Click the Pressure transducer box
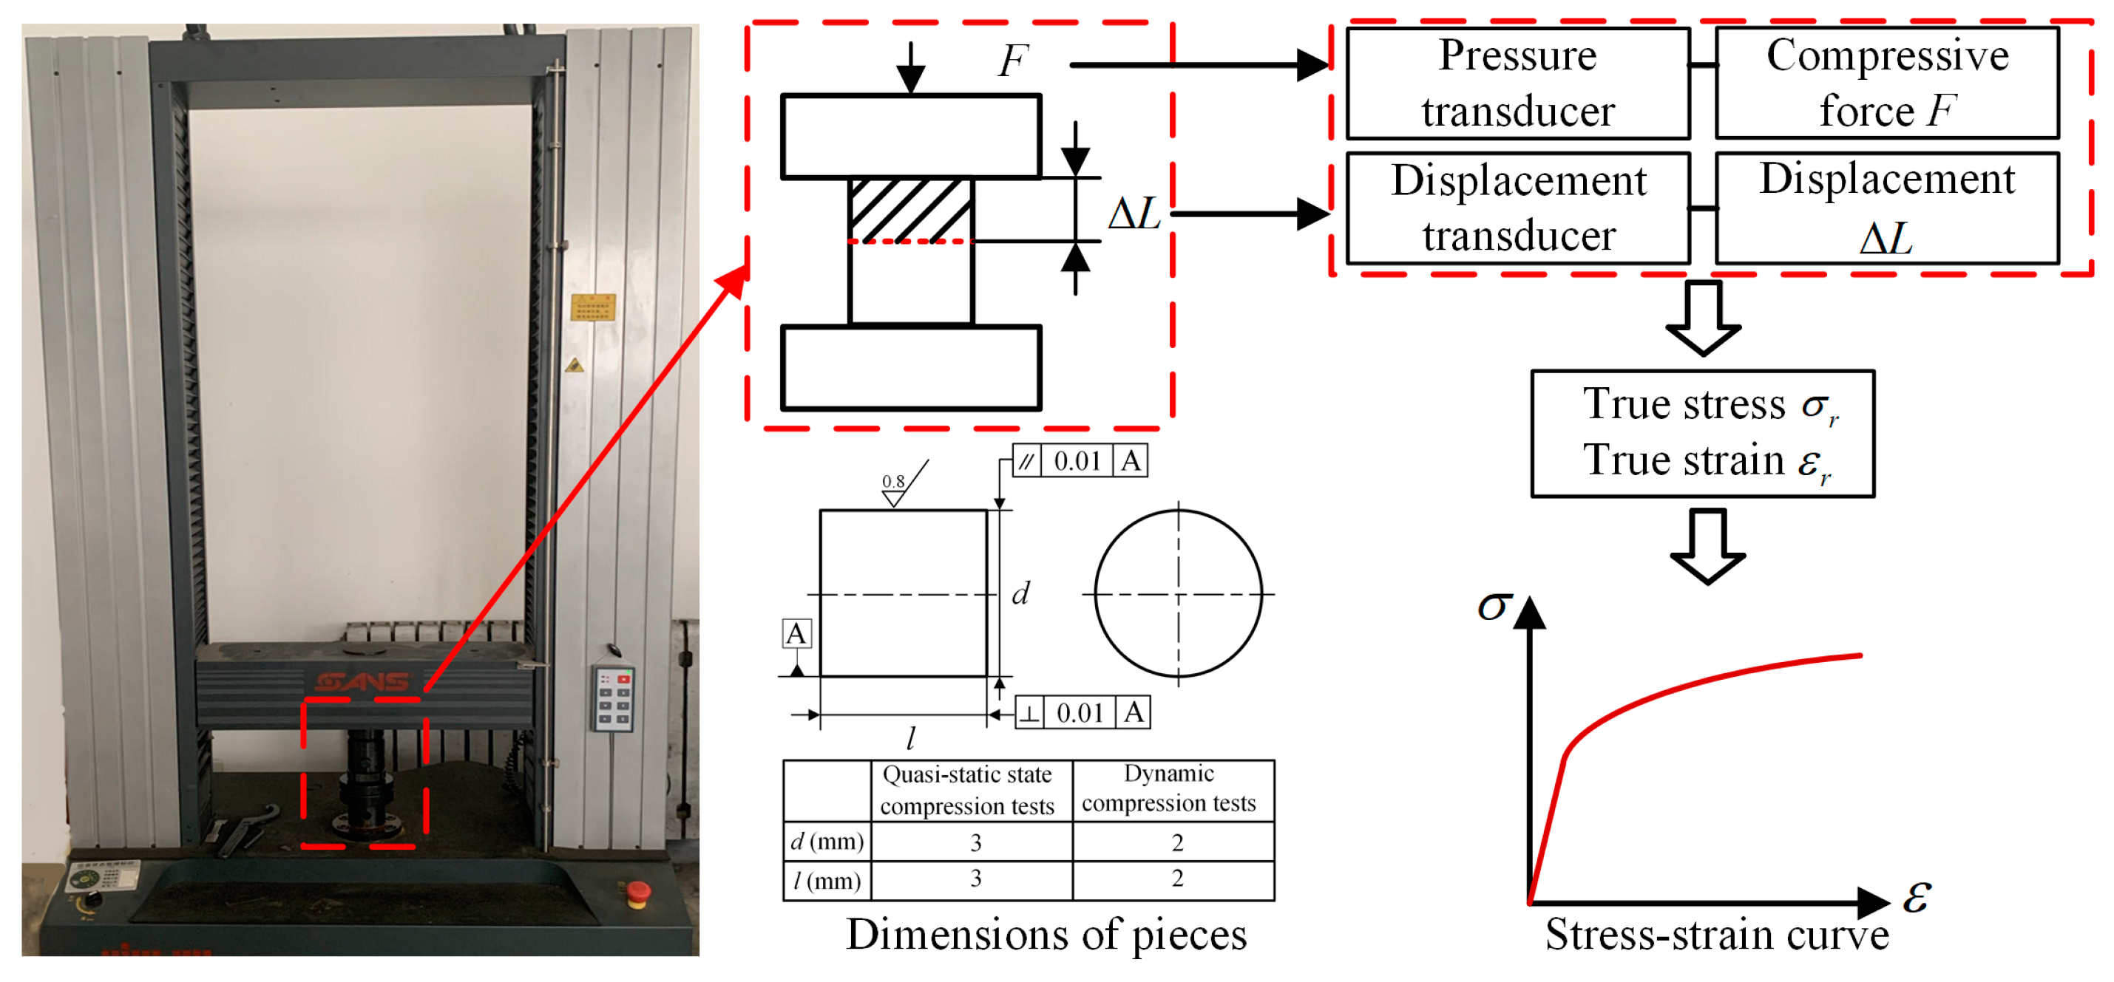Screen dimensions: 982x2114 [x=1517, y=83]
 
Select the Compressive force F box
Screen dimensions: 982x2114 [x=1887, y=83]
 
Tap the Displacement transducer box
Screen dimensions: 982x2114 [x=1517, y=208]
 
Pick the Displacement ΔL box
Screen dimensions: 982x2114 [x=1887, y=208]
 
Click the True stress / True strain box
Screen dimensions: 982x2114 [x=1702, y=433]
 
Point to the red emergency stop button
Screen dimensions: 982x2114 [x=637, y=891]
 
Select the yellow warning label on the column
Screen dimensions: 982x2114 [x=592, y=307]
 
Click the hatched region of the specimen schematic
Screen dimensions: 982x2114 [x=911, y=211]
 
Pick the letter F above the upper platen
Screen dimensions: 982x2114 [x=1013, y=61]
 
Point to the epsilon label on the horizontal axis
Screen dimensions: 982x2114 [x=1917, y=897]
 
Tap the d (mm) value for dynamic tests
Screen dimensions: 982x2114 [x=1177, y=842]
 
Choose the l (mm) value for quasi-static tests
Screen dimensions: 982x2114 [x=975, y=879]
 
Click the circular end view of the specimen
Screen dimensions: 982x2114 [x=1178, y=593]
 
